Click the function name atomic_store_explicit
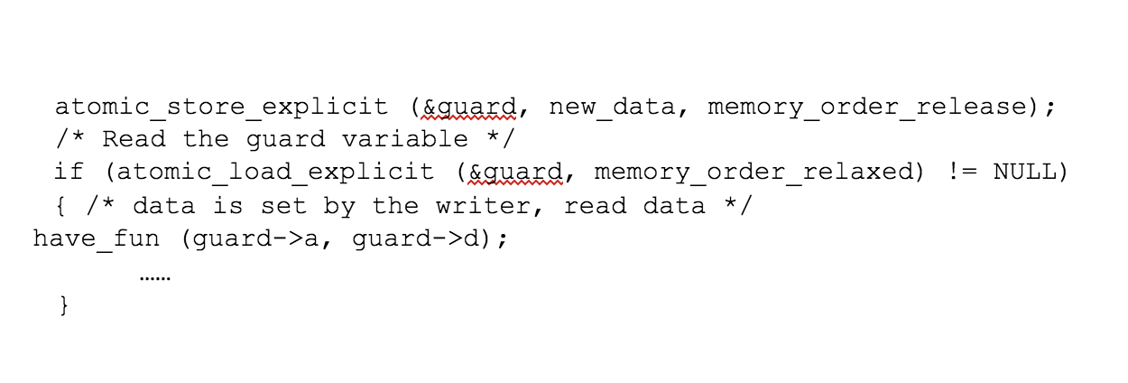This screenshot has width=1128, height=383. (221, 107)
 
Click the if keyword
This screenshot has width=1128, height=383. (68, 173)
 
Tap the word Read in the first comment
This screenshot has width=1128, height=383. (133, 139)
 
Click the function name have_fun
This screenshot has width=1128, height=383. (97, 239)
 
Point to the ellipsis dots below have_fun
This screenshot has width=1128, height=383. (155, 277)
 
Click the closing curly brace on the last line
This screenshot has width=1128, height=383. (62, 306)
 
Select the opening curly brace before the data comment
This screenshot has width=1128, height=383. (62, 206)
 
